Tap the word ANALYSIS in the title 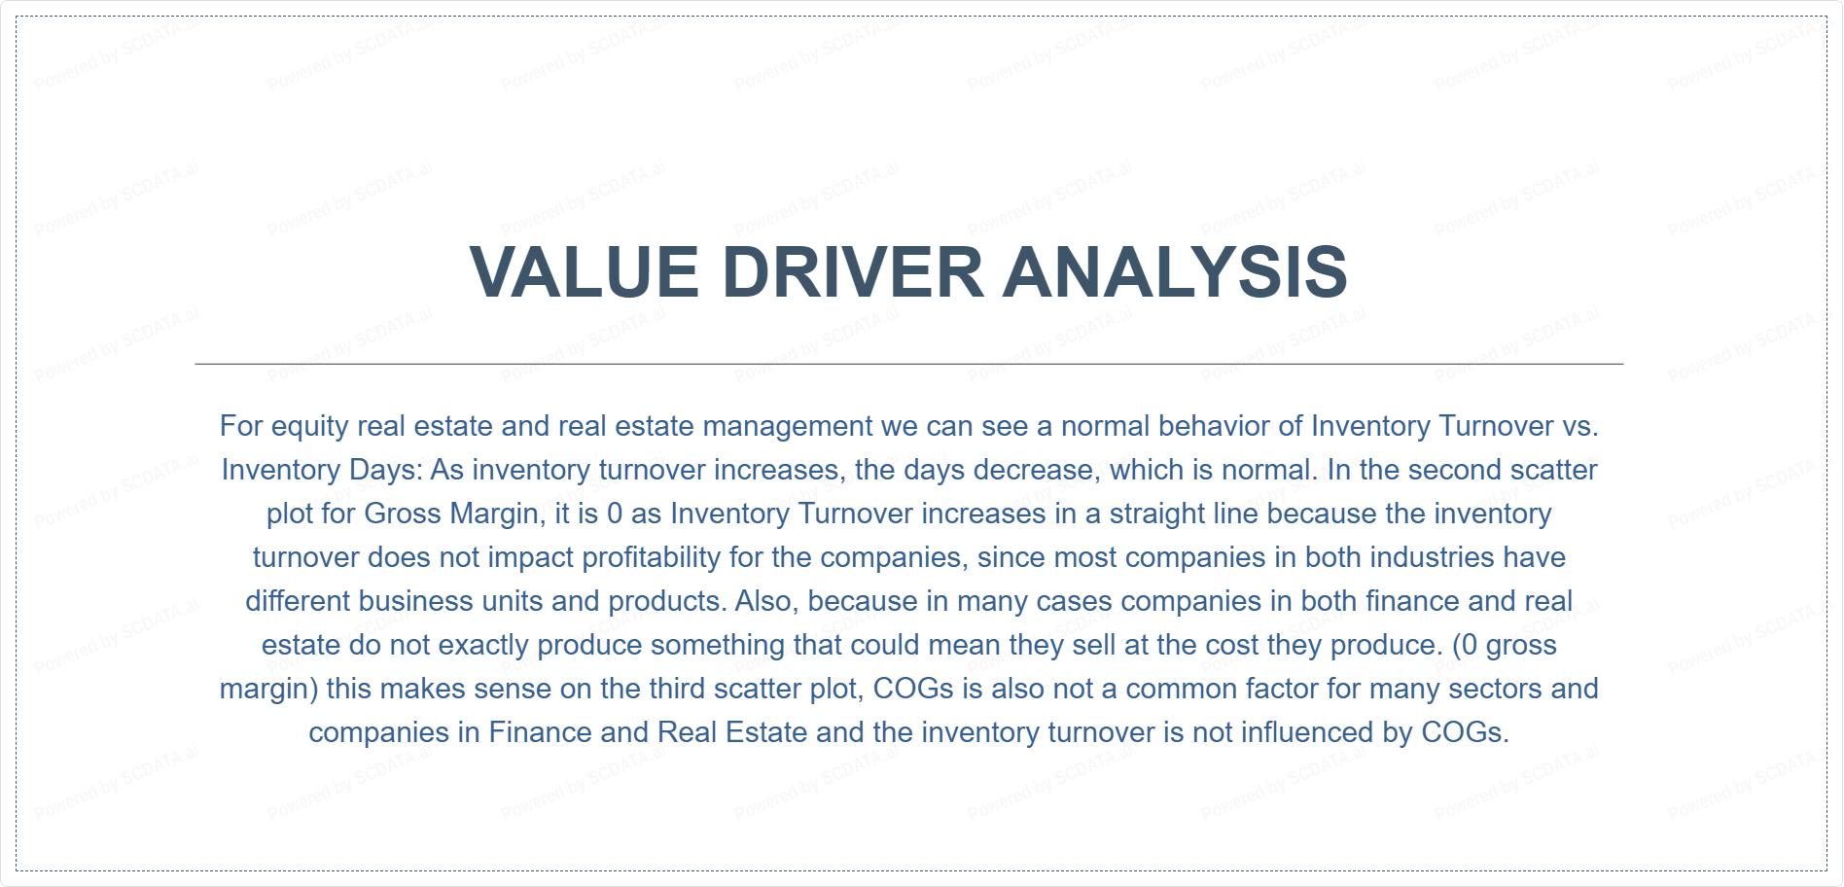pos(1175,271)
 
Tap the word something pos(659,646)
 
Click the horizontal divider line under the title pos(909,364)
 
